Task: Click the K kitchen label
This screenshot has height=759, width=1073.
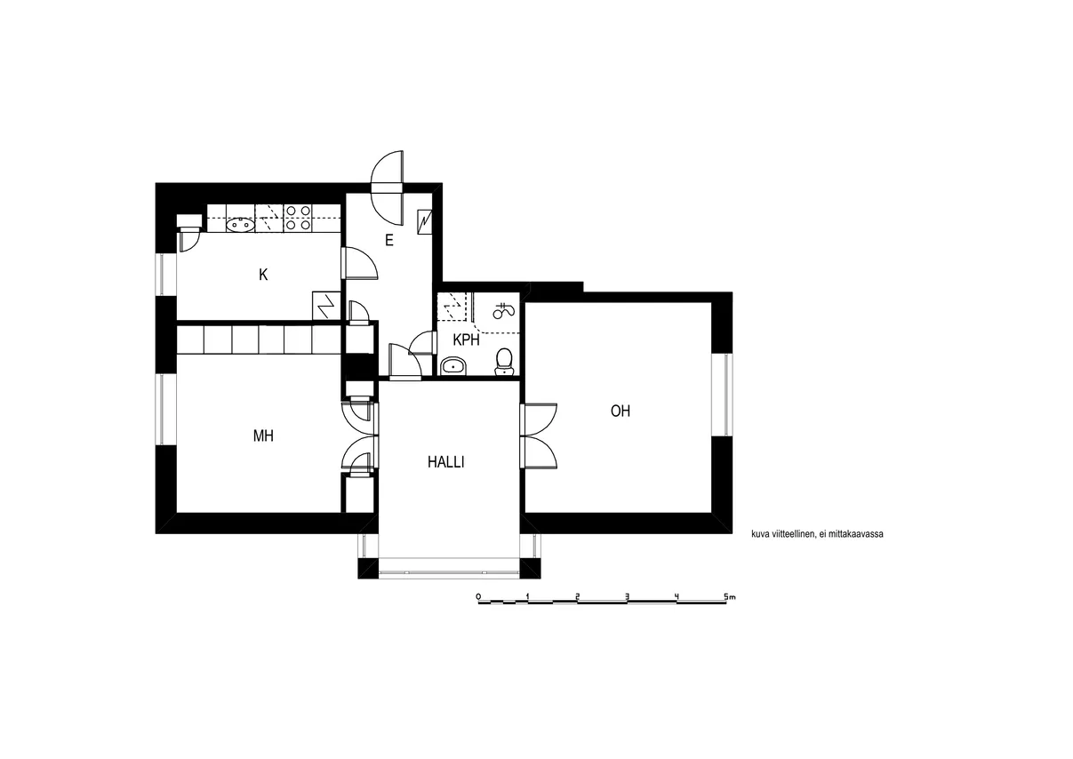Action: click(263, 275)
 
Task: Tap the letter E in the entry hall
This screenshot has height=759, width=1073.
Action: click(389, 240)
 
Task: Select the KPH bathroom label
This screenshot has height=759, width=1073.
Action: click(466, 340)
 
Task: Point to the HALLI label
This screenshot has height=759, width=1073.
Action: click(446, 462)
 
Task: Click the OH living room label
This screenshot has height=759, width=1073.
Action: click(621, 411)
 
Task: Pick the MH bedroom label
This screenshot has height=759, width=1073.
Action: click(263, 435)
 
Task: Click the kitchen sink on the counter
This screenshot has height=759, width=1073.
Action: click(239, 224)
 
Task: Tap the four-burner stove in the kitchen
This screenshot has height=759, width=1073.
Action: click(298, 218)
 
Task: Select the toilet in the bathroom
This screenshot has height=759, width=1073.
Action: click(503, 362)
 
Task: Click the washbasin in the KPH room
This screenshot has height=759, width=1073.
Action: click(452, 367)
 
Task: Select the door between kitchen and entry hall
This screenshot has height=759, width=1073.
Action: click(360, 262)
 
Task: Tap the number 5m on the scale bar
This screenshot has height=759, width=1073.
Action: click(729, 596)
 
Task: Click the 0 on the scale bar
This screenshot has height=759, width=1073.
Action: click(478, 596)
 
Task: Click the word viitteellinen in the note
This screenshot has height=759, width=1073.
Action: click(791, 534)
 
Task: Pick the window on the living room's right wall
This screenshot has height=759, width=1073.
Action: click(722, 395)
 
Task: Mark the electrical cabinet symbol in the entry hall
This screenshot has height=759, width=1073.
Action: click(425, 221)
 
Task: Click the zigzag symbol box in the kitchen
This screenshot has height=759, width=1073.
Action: click(326, 305)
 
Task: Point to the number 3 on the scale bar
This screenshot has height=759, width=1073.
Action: click(627, 596)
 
